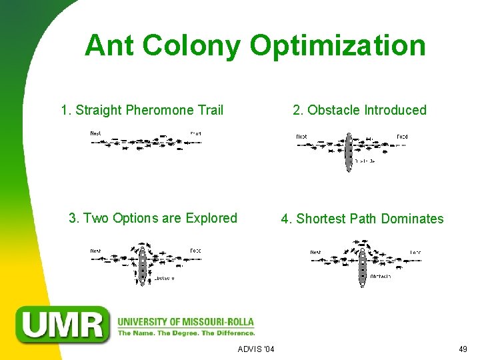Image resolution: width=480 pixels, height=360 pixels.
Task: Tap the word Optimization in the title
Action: (337, 45)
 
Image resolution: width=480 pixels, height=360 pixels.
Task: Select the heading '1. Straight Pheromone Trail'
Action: (142, 110)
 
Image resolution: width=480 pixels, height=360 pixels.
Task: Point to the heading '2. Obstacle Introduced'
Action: (359, 110)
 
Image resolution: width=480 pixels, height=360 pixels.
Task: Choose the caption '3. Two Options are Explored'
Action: (153, 218)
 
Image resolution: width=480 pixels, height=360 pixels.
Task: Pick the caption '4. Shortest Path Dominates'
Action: (362, 219)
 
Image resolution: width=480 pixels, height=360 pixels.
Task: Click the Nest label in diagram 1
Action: (96, 134)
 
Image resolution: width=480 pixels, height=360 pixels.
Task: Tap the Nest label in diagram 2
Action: (301, 137)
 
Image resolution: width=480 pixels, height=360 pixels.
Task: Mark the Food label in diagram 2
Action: (402, 137)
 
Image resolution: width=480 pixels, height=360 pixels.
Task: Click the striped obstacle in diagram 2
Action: (348, 153)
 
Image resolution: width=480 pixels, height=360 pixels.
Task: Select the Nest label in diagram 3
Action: (96, 251)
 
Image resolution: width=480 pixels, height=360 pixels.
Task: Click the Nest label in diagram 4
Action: (315, 253)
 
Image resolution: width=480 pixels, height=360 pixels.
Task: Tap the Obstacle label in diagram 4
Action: (380, 276)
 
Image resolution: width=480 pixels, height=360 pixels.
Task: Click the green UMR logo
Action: (65, 324)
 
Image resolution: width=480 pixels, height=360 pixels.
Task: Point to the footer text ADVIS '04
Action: (256, 349)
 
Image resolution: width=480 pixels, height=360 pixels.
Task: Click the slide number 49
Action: (463, 349)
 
